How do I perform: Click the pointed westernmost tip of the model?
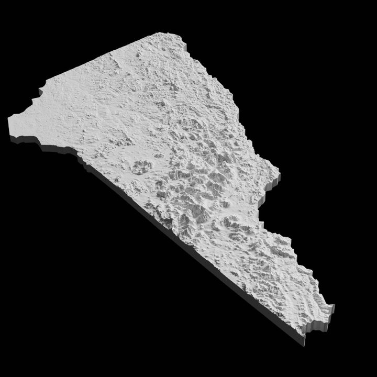(x=9, y=119)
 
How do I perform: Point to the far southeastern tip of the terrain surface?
(x=333, y=306)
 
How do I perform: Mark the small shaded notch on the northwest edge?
(x=38, y=97)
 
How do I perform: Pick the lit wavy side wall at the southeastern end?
(x=319, y=325)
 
